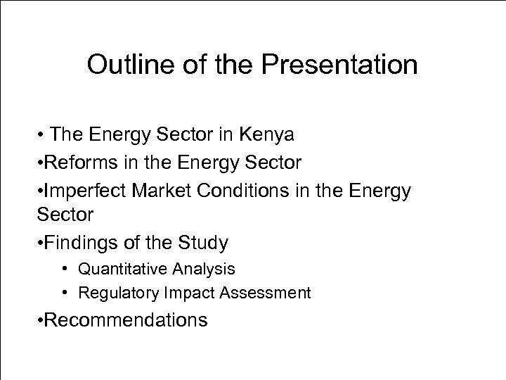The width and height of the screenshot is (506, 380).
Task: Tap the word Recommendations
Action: [x=127, y=320]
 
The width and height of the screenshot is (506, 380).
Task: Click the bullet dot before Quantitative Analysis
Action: [x=64, y=269]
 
